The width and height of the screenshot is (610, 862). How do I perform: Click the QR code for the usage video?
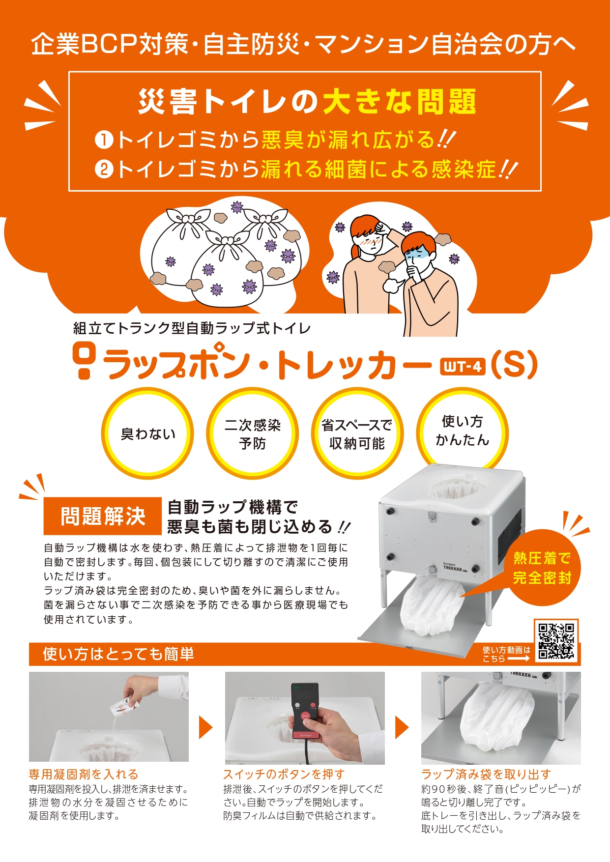556,641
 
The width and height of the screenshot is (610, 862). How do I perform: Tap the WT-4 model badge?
463,366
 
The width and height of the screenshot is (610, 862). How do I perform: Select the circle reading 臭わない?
147,433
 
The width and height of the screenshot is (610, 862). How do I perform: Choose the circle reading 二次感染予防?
252,433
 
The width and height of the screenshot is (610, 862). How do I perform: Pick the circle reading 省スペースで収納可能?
357,433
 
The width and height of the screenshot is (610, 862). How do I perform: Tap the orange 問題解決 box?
103,516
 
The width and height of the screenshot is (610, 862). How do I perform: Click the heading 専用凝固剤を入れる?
84,775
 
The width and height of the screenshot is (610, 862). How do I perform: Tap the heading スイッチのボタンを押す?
284,775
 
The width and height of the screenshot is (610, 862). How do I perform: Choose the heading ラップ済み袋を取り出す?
486,775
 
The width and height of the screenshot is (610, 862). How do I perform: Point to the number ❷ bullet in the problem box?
104,170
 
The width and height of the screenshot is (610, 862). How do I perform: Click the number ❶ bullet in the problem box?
104,140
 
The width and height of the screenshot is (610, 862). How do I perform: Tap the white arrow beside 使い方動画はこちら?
519,659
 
